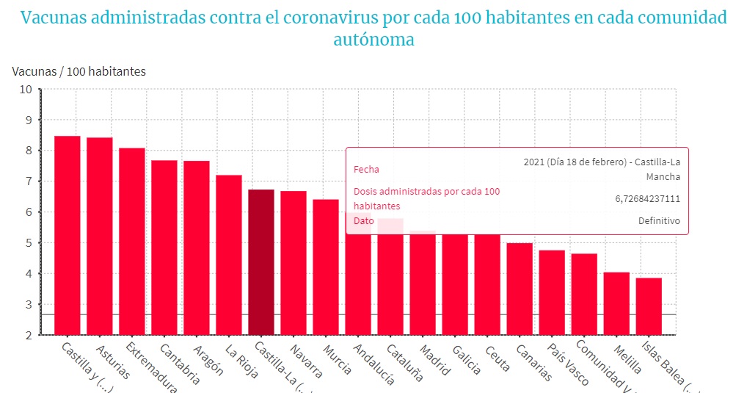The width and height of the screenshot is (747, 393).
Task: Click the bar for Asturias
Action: tap(100, 235)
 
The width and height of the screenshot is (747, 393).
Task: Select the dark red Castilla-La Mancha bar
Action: tap(261, 262)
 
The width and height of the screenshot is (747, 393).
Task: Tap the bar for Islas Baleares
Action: tap(649, 306)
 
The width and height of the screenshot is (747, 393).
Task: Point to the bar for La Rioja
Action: tap(229, 254)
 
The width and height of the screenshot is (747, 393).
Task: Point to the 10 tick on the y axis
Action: tap(26, 90)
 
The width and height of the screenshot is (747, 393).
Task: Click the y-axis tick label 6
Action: tap(29, 212)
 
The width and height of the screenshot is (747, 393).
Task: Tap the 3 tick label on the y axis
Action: tap(29, 304)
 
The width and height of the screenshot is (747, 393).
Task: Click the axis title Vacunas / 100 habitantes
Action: tap(79, 71)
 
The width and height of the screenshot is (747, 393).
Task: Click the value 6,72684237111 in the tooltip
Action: tap(647, 198)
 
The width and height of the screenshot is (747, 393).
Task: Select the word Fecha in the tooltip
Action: tap(367, 169)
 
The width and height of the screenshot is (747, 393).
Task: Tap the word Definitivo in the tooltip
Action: tap(659, 221)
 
